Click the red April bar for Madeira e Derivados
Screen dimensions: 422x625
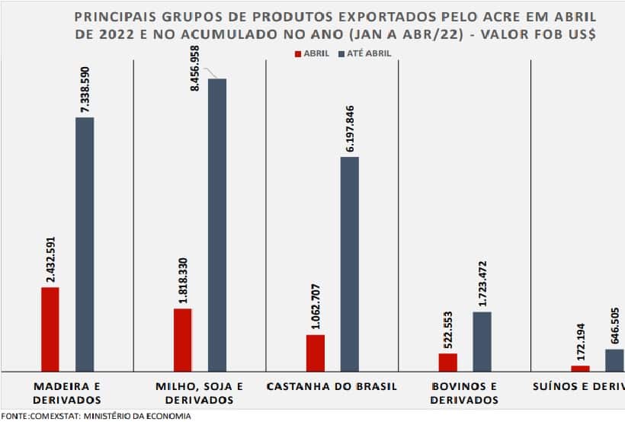click(x=50, y=329)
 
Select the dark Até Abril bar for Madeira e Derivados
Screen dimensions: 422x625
click(x=85, y=244)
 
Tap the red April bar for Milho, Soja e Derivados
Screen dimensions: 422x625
click(x=183, y=340)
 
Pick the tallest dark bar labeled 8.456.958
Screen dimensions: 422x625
click(x=217, y=225)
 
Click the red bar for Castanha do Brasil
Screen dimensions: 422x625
click(x=316, y=353)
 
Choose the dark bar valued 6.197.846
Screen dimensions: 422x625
click(x=349, y=264)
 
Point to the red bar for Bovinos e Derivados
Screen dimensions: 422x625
click(x=448, y=362)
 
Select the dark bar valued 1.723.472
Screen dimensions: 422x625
click(x=482, y=341)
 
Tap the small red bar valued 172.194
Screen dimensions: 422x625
click(x=580, y=368)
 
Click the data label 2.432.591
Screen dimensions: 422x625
click(x=51, y=260)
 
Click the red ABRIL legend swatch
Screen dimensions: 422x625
click(x=297, y=53)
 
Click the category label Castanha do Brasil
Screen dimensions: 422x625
click(x=332, y=386)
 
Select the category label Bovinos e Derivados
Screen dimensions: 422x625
click(x=463, y=392)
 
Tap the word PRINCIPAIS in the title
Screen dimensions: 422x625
click(x=112, y=17)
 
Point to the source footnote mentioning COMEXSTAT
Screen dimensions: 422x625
click(x=96, y=416)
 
